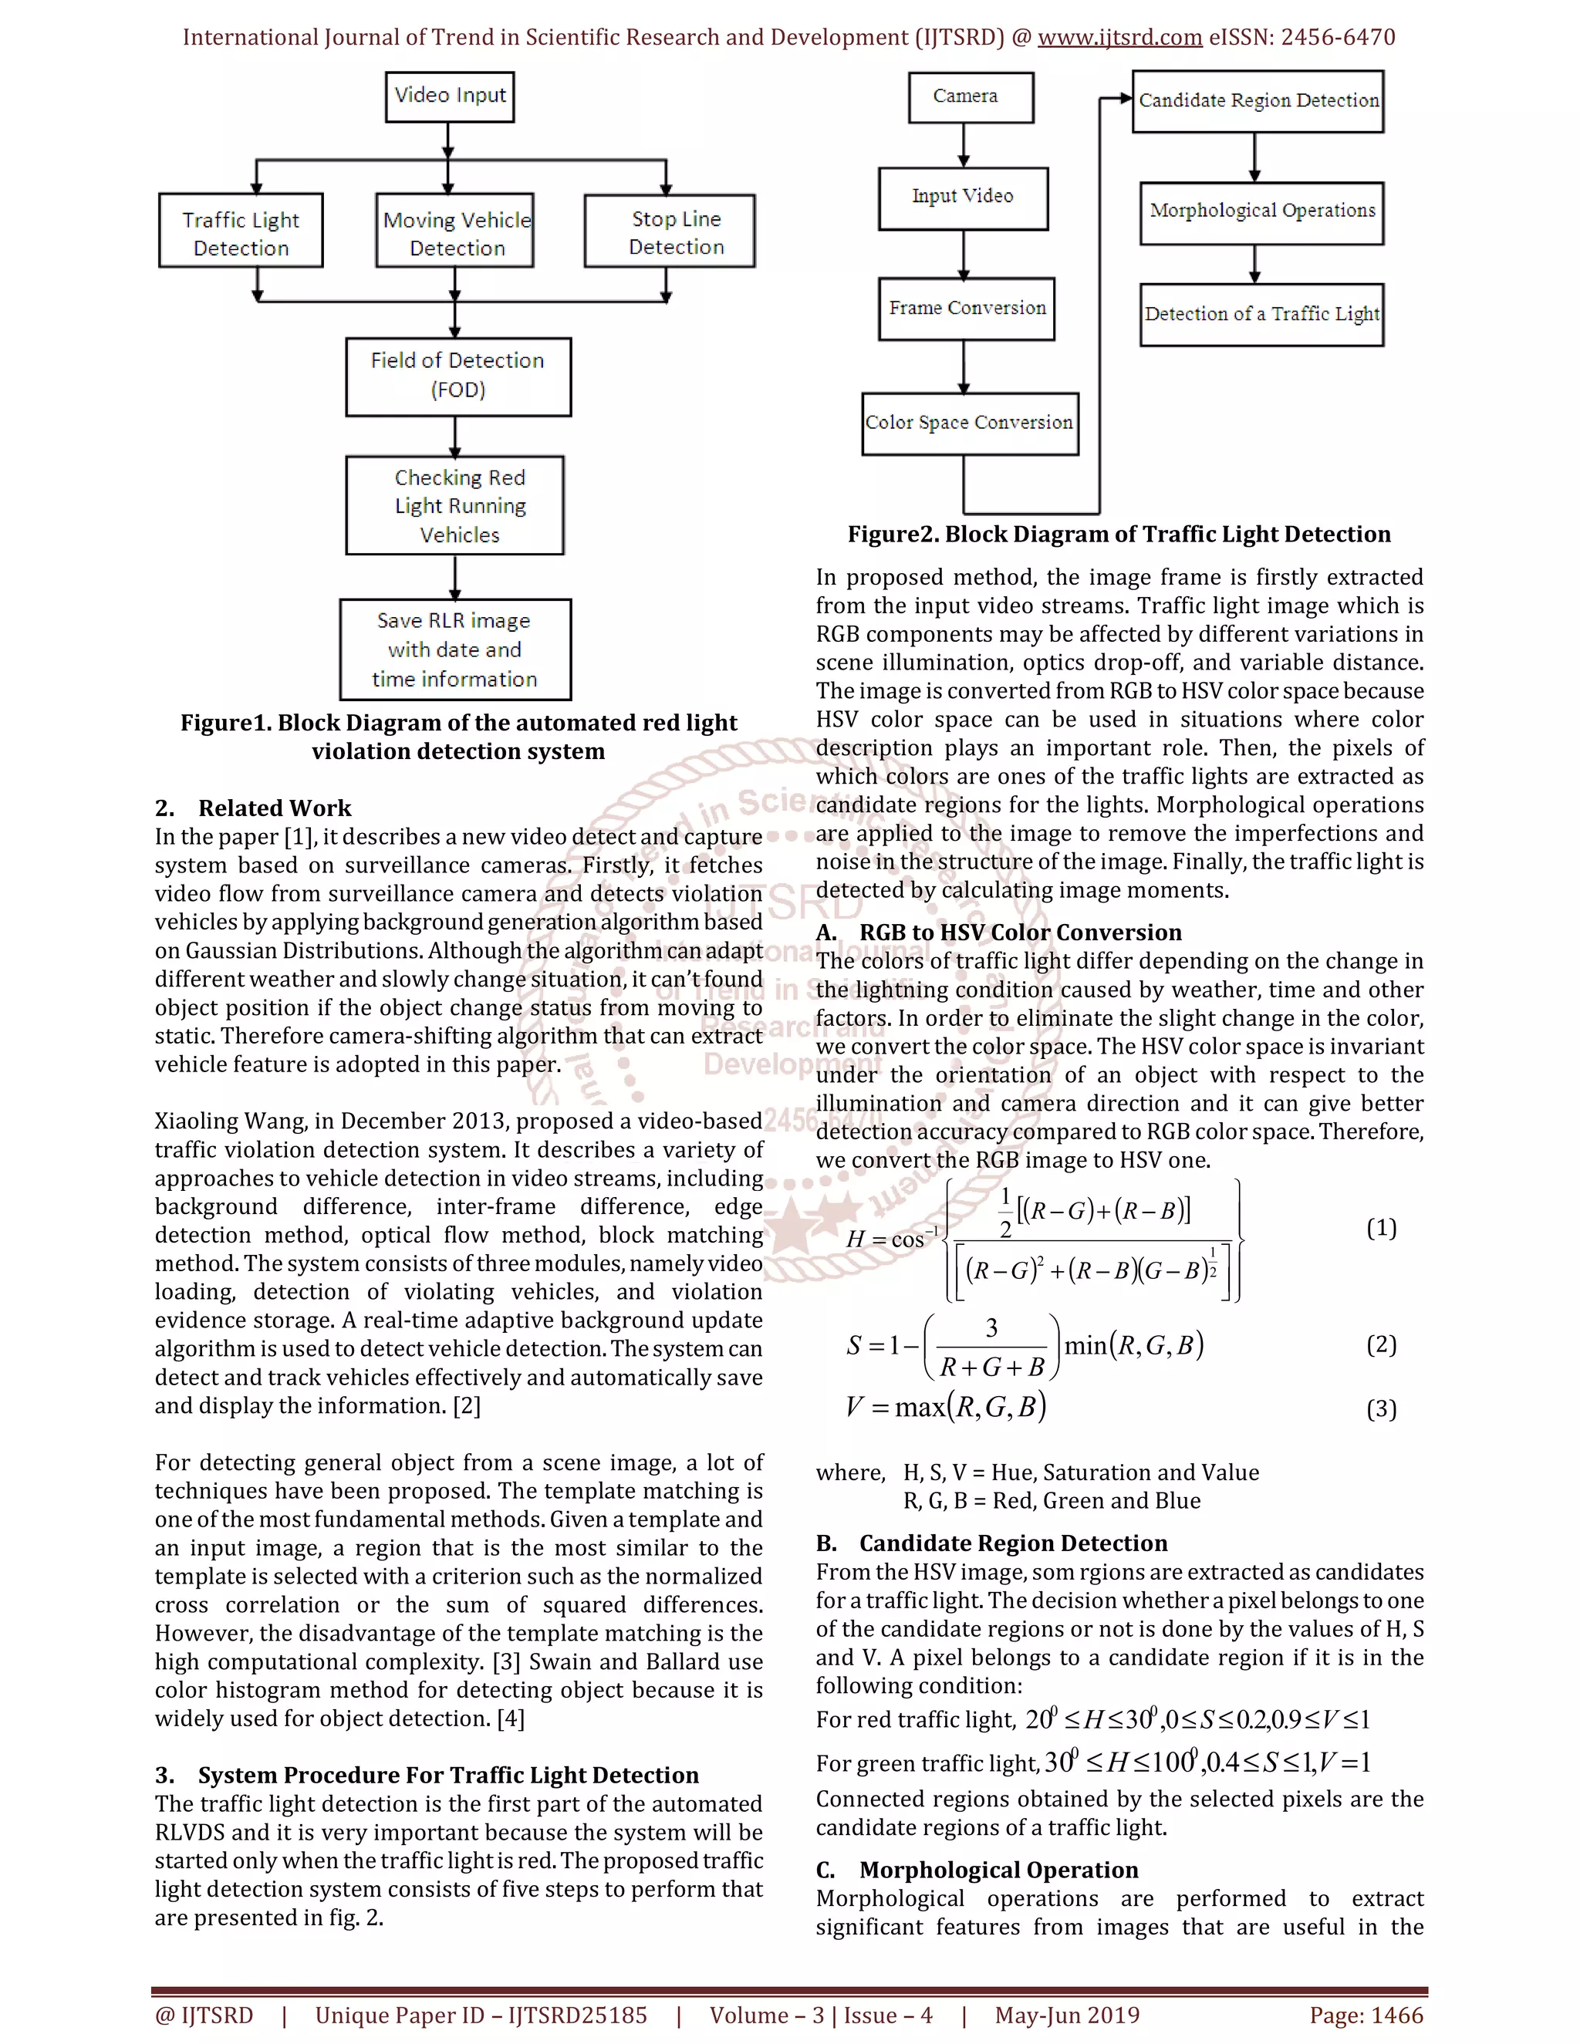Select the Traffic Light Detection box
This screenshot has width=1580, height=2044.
pos(241,232)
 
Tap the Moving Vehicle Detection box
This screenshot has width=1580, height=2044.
pos(456,232)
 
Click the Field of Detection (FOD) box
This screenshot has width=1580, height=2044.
pos(457,376)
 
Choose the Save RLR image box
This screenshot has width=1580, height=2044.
pos(455,649)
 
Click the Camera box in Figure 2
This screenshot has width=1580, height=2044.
pos(970,97)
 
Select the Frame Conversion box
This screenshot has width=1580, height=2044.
pos(966,308)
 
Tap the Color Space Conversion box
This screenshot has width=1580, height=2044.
pos(970,423)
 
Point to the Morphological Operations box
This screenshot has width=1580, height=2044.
pos(1261,211)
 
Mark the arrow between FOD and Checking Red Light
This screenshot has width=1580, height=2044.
pos(455,436)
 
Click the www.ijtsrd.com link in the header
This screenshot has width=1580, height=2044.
pos(1119,38)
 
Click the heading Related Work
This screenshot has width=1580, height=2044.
pos(274,808)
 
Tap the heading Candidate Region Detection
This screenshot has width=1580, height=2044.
pos(1013,1543)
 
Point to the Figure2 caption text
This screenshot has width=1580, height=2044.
pos(1119,535)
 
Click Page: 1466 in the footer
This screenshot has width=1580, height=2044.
pos(1366,2015)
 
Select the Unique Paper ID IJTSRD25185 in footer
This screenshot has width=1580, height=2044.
pos(481,2015)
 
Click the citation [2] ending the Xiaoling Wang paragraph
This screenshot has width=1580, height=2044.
pos(466,1405)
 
